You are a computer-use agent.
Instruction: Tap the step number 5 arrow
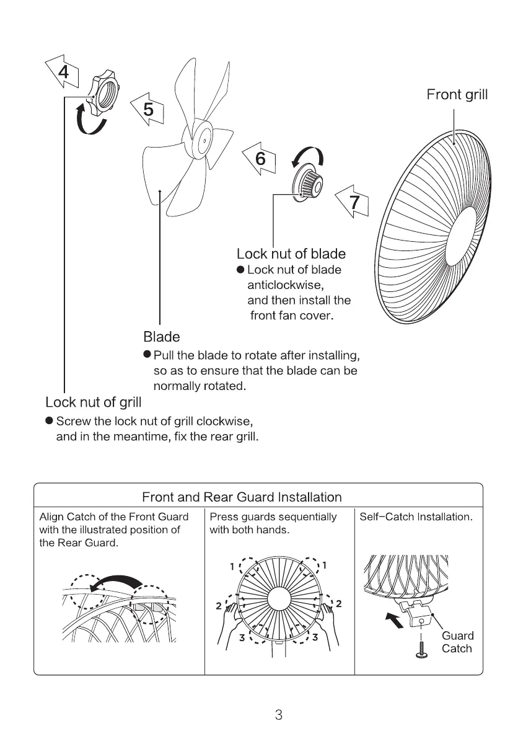(147, 110)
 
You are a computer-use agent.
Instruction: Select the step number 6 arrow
(260, 159)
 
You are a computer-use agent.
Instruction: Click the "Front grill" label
(457, 94)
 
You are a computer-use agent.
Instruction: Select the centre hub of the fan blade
(201, 140)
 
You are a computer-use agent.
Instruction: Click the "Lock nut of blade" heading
(291, 254)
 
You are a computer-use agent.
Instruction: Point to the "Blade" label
(162, 337)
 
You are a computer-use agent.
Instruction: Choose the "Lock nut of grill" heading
(94, 402)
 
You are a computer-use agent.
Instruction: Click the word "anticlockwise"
(286, 285)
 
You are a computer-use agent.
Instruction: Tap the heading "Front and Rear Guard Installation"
(242, 497)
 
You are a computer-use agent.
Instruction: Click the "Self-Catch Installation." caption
(416, 517)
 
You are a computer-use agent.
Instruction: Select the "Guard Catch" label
(457, 642)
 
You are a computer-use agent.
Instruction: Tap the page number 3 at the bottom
(278, 715)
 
